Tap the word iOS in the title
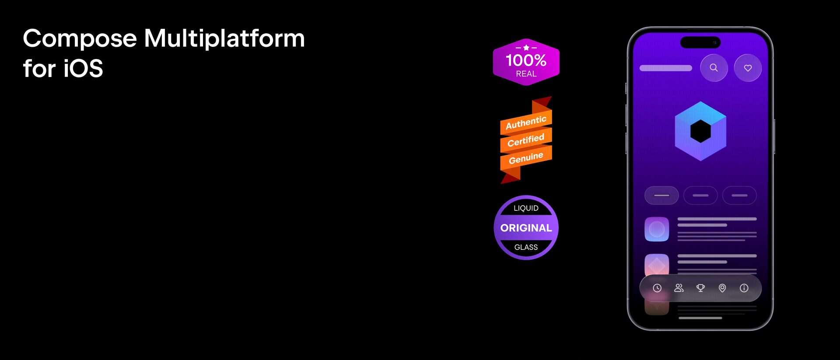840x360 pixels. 83,69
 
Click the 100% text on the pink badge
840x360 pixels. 526,60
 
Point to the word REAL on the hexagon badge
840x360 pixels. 526,74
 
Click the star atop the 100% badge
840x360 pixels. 526,47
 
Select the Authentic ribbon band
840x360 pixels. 526,122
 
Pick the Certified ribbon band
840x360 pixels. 526,140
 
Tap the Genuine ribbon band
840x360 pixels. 526,157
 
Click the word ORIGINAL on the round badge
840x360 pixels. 526,228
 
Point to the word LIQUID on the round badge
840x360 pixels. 526,208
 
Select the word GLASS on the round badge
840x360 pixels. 526,247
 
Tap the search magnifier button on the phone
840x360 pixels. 714,68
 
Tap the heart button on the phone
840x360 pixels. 748,68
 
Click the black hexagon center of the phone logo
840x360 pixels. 700,131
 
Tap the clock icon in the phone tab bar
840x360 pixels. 657,288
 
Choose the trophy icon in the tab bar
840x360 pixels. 700,288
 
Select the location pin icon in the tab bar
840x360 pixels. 722,288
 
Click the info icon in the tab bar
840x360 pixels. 744,288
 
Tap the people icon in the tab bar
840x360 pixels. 679,288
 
